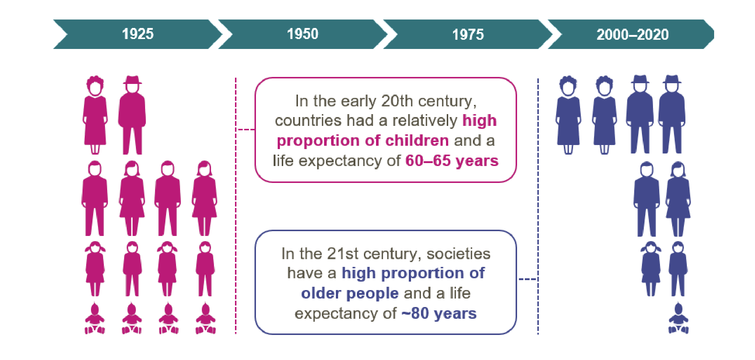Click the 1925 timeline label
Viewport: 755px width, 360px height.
(x=138, y=34)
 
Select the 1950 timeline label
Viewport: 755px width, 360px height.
(x=303, y=34)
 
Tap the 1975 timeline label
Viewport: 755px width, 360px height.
(x=468, y=35)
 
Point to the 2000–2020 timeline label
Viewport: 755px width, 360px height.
(x=632, y=35)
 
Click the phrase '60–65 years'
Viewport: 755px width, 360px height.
(x=452, y=161)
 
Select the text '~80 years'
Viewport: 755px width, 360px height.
(x=439, y=314)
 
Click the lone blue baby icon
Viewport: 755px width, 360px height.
(x=678, y=318)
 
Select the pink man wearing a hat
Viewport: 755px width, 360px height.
(x=132, y=115)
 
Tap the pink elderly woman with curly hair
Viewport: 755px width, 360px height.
(x=95, y=115)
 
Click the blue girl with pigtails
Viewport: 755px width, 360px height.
(x=651, y=269)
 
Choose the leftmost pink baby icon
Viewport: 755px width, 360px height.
(x=95, y=318)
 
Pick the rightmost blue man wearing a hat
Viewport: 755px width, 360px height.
(x=672, y=114)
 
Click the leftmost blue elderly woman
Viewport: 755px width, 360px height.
(x=568, y=115)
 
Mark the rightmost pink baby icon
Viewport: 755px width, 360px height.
(x=206, y=318)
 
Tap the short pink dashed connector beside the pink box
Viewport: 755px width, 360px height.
(x=246, y=130)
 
